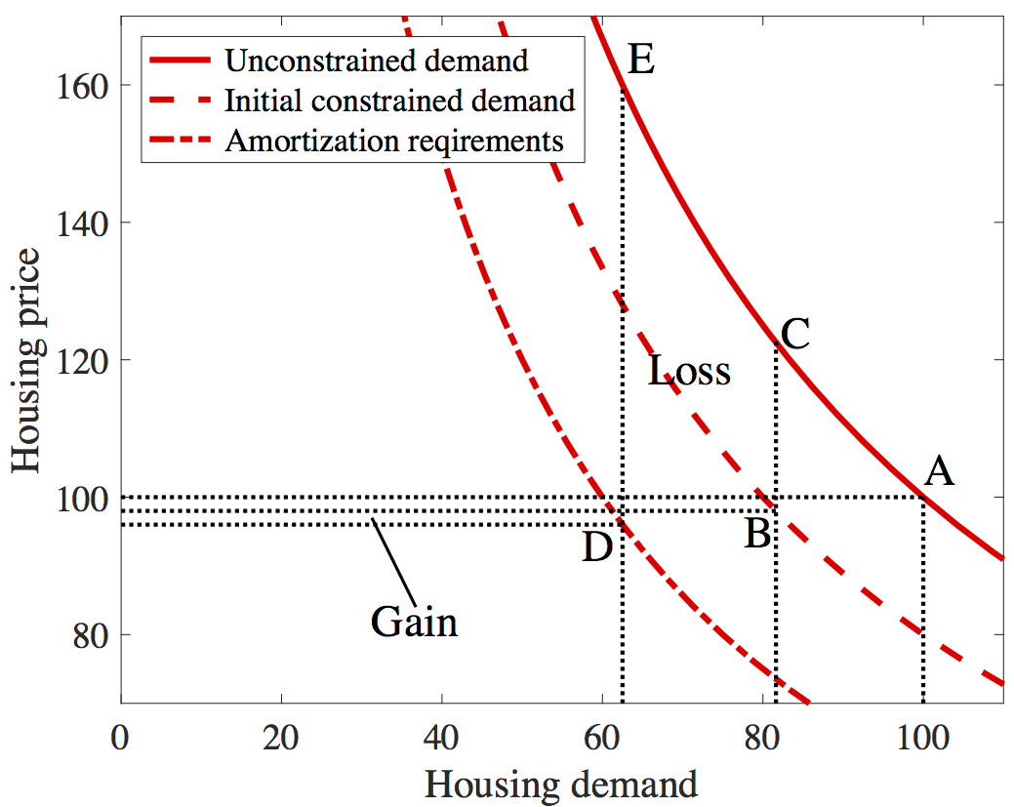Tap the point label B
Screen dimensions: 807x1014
[757, 534]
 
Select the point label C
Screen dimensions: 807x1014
[796, 335]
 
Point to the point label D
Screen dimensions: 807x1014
[597, 547]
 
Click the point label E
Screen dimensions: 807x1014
[641, 61]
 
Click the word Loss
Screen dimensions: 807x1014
[690, 371]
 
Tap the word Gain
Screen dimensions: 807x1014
[414, 622]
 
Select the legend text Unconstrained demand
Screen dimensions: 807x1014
[376, 61]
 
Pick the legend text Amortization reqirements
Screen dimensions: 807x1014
[394, 141]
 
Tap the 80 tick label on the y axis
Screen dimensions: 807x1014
[89, 635]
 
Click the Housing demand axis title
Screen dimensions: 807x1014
[561, 783]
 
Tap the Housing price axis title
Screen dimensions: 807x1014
[27, 361]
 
